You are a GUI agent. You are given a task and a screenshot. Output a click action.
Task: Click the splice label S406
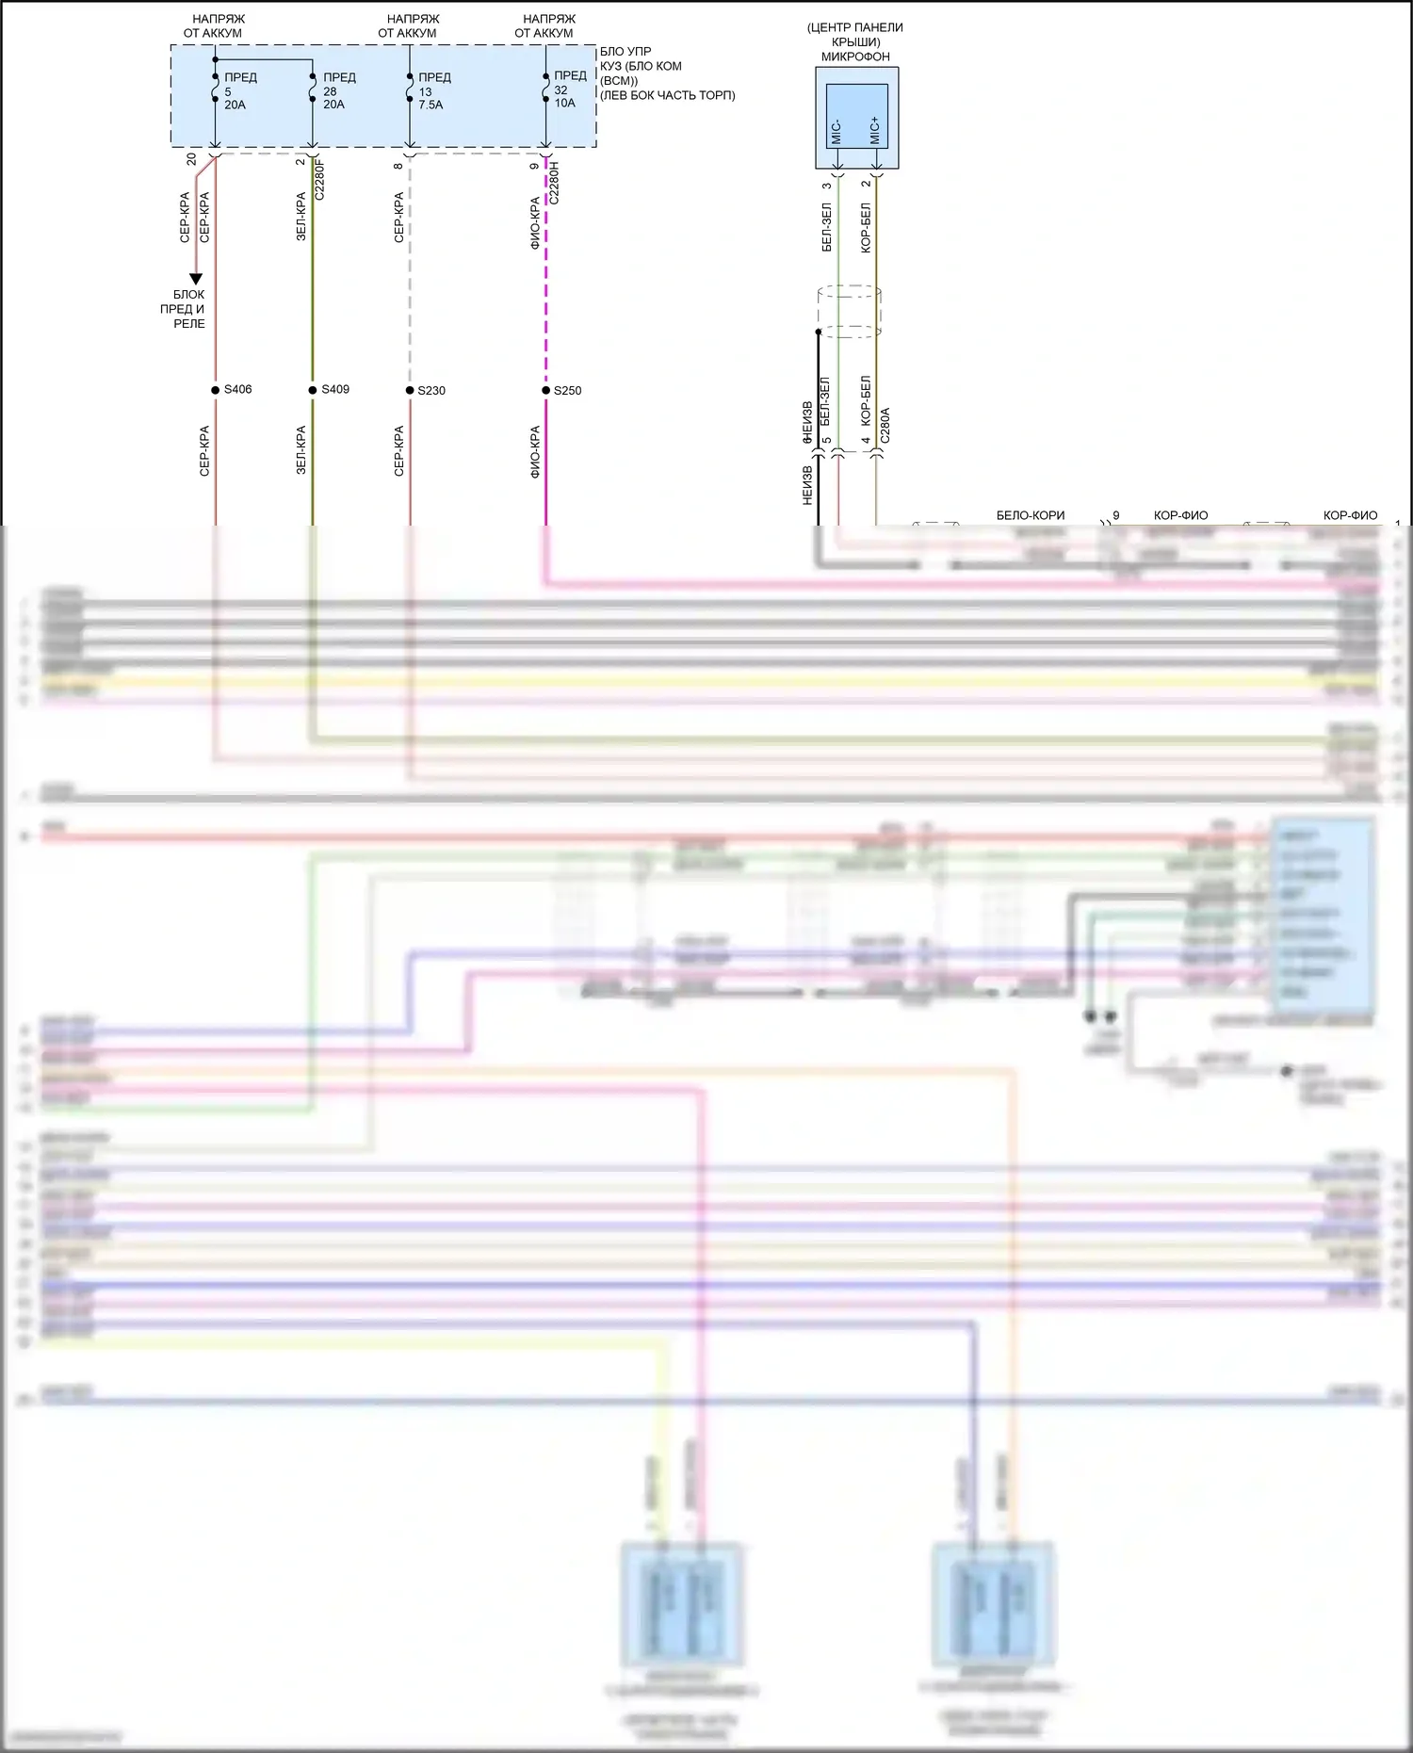237,389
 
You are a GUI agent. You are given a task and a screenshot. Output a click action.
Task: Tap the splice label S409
335,389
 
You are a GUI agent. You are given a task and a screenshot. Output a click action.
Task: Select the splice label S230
431,390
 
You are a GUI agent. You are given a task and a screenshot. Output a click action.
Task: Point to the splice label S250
567,390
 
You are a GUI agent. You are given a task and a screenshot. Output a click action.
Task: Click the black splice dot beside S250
546,390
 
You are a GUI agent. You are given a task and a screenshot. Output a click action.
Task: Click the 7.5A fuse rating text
430,105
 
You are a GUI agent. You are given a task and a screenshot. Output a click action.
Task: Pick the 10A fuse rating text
565,103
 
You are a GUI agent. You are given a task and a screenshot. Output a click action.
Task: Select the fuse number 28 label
330,91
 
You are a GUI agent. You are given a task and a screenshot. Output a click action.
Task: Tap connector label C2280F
320,179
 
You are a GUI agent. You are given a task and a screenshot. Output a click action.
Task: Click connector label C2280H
554,183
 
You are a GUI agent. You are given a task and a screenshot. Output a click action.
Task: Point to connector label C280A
885,426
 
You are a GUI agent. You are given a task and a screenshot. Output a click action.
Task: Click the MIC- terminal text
836,132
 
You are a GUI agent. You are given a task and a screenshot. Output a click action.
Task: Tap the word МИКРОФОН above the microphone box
855,57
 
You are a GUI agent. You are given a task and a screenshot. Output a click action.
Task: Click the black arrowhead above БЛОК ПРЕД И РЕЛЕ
196,279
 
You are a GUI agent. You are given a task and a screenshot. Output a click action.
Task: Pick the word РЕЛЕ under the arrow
189,323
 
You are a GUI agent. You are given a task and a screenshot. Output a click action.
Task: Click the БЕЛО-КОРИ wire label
1031,515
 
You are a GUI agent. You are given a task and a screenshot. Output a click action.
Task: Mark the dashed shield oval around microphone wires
850,312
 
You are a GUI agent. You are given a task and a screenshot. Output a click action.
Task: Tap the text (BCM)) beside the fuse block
619,81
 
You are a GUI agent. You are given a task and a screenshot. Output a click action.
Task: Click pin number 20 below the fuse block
192,159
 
